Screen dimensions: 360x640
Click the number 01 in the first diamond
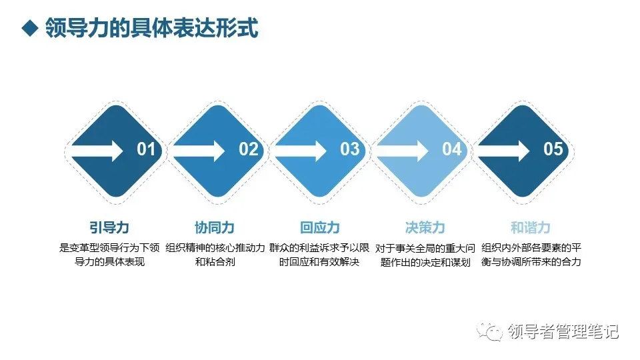point(146,149)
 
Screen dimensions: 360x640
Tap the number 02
point(248,149)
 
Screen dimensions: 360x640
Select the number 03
point(350,149)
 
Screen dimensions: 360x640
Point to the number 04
point(452,149)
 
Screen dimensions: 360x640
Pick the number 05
point(553,149)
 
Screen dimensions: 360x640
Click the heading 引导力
point(109,227)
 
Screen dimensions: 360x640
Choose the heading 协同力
point(214,227)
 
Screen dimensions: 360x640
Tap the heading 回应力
point(319,227)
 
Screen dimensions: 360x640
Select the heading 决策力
point(425,227)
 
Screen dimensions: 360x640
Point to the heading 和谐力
point(530,227)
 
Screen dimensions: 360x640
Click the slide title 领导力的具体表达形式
point(151,29)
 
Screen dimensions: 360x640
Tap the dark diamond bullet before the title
point(29,29)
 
